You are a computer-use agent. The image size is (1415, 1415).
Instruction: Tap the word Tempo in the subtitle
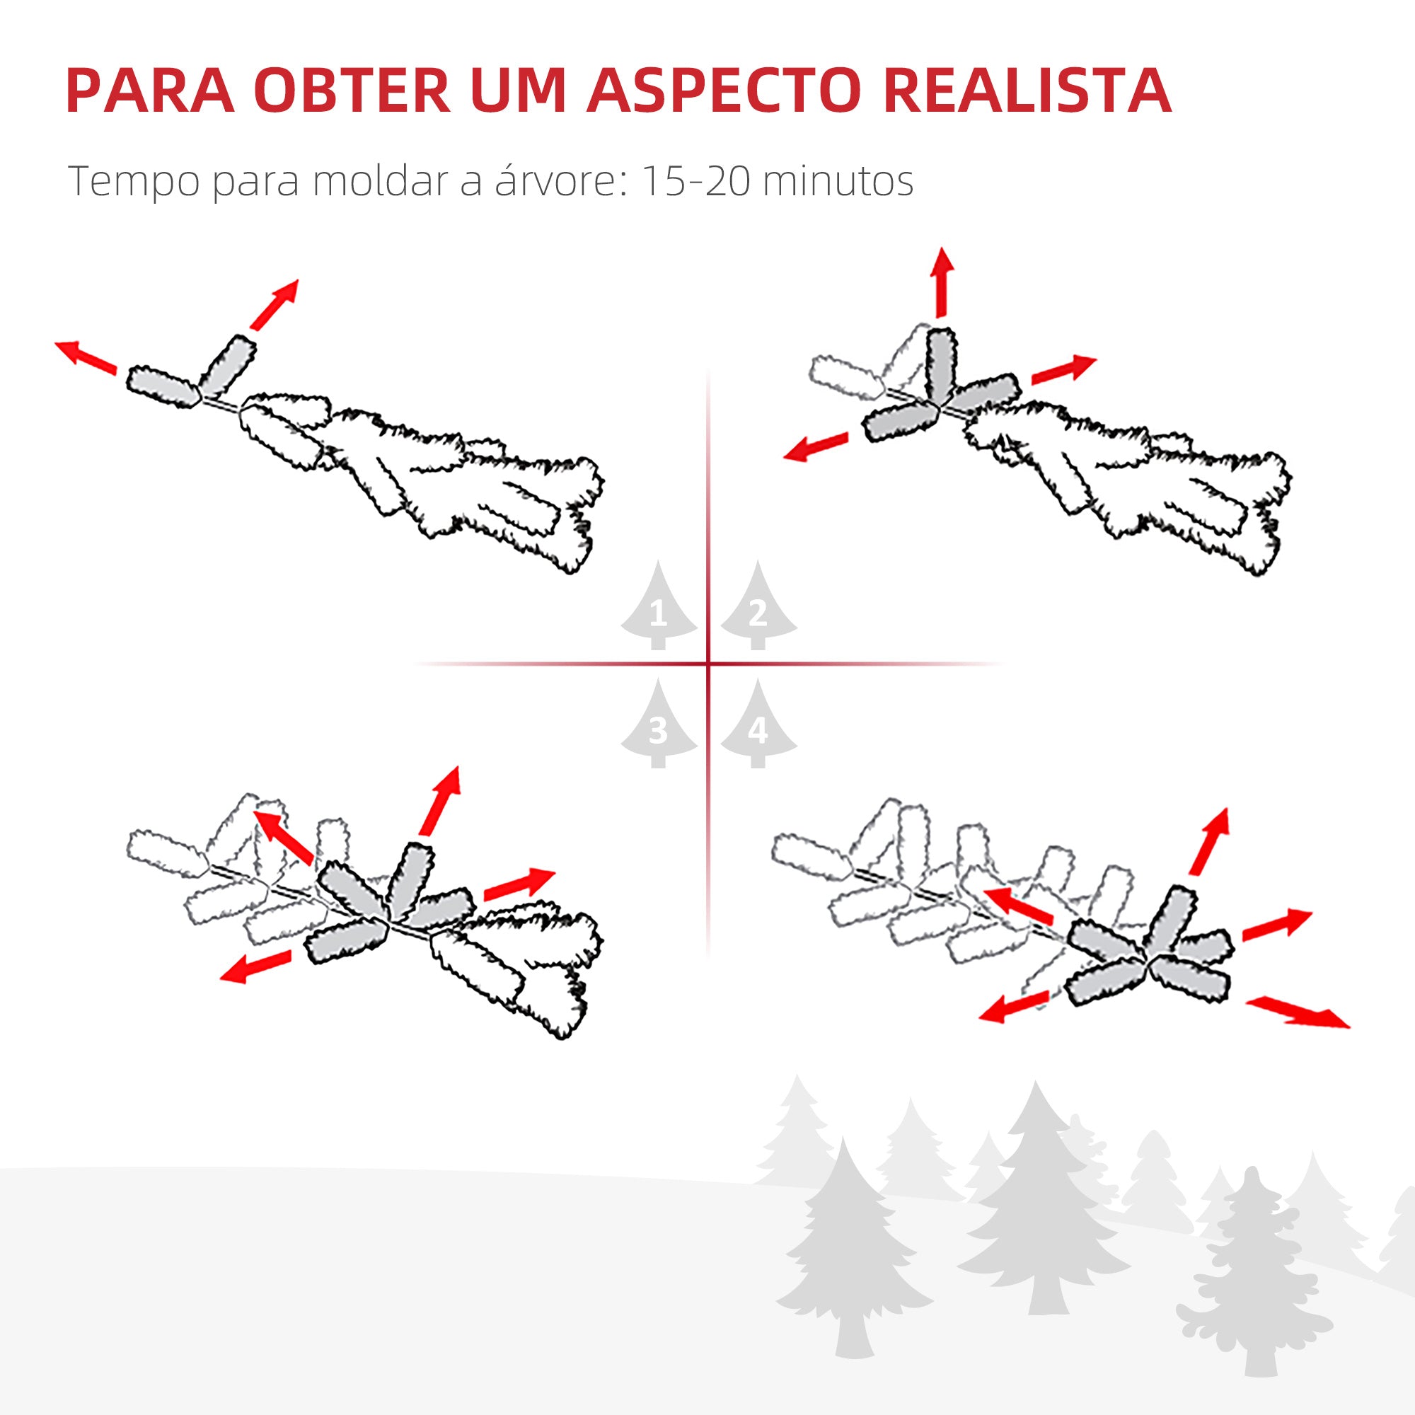[133, 182]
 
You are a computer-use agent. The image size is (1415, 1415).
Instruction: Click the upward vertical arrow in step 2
[942, 283]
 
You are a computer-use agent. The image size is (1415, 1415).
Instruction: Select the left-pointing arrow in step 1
[86, 357]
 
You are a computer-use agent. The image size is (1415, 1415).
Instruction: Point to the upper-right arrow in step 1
[274, 304]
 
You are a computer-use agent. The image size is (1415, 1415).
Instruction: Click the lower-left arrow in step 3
[255, 966]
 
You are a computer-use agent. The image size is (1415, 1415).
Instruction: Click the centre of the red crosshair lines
[708, 664]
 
